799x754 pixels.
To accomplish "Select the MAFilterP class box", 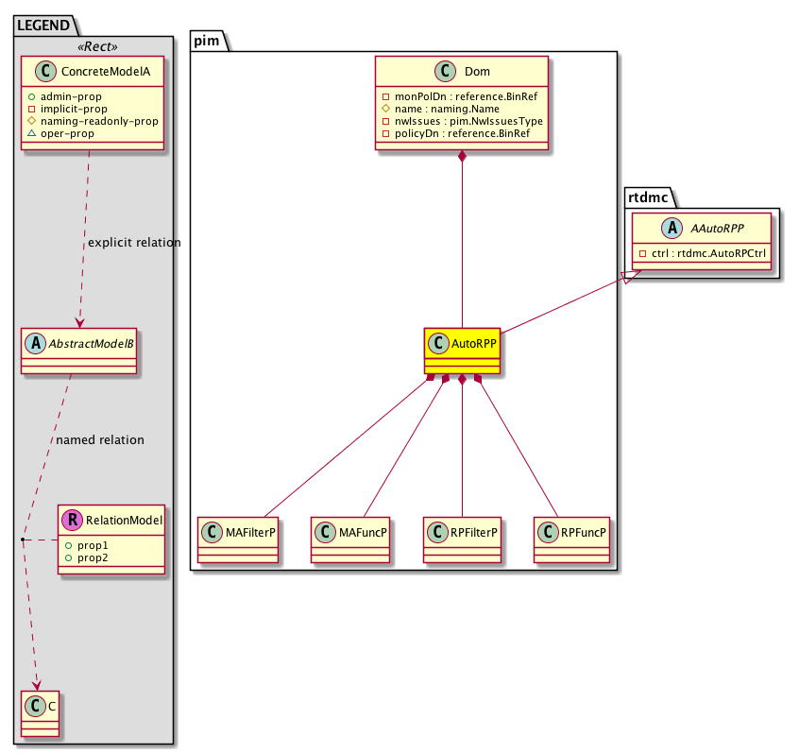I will pos(241,540).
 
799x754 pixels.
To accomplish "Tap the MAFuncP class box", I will pos(350,540).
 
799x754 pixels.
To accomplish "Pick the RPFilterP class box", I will pos(462,540).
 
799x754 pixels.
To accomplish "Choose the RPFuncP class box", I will pos(572,540).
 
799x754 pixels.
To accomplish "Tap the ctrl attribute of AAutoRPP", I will pos(701,253).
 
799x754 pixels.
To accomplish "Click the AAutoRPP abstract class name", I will pos(711,228).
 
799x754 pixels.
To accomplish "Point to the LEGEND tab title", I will pos(43,26).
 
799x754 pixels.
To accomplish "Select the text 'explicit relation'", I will pos(134,243).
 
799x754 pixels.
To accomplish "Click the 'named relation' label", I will pos(100,439).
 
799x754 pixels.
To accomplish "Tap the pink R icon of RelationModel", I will pos(72,519).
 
